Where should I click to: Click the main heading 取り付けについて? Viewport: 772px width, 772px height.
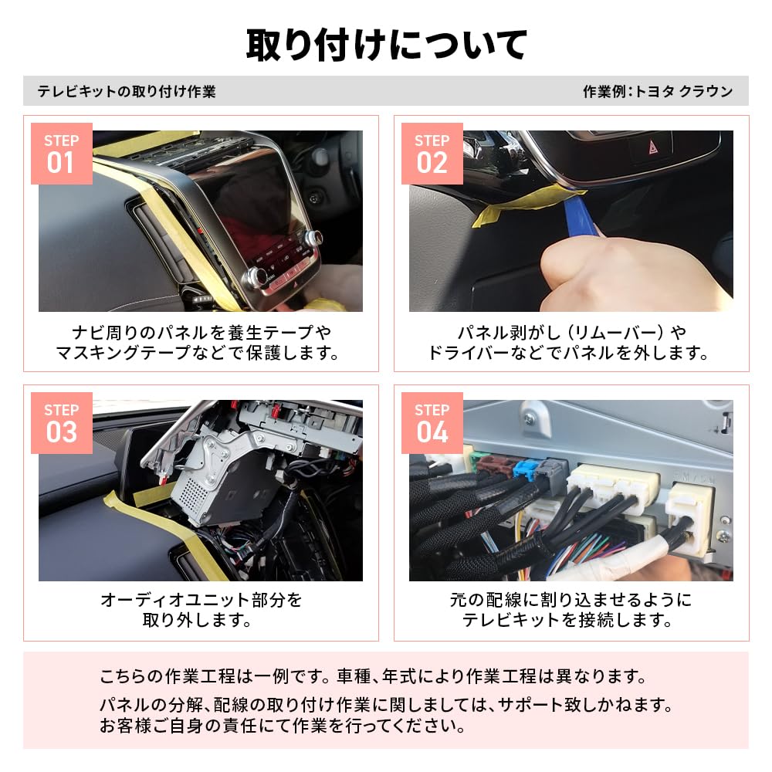(x=386, y=44)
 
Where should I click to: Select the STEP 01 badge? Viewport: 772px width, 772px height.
(x=62, y=154)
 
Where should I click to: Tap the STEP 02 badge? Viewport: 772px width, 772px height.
(x=432, y=154)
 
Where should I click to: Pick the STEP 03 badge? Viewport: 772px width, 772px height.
(x=62, y=423)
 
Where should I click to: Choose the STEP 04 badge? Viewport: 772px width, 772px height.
(x=432, y=423)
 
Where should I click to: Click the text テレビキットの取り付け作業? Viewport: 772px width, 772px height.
(x=127, y=91)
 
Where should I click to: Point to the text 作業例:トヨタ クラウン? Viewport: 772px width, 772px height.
(x=657, y=91)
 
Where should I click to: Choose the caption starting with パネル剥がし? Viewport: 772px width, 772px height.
(x=571, y=343)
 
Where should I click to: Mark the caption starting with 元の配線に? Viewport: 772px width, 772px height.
(x=571, y=609)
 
